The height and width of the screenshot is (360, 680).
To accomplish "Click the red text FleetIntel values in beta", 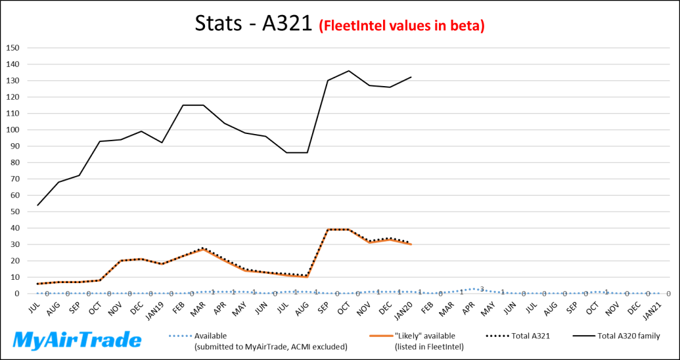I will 402,26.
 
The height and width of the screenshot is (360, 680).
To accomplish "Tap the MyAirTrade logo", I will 78,340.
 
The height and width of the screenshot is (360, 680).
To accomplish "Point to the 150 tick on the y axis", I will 13,48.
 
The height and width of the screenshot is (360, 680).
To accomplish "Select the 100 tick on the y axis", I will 13,130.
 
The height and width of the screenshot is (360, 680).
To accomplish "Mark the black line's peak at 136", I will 349,71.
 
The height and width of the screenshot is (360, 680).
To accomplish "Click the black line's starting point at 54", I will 38,205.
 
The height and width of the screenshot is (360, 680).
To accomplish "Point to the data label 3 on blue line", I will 482,289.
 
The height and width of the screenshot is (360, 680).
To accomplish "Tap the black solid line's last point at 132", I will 411,78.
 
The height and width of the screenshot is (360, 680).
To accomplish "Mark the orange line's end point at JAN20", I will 411,244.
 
